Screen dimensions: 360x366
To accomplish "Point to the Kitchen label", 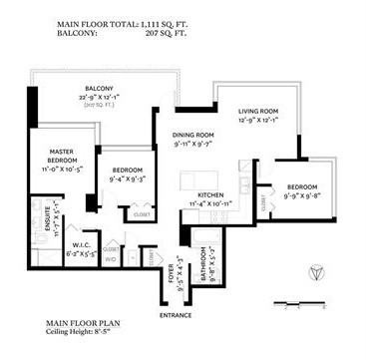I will (210, 194).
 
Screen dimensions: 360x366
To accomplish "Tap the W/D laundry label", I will (110, 258).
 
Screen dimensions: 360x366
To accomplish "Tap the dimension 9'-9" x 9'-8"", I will (302, 195).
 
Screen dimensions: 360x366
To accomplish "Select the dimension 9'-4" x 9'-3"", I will (130, 179).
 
